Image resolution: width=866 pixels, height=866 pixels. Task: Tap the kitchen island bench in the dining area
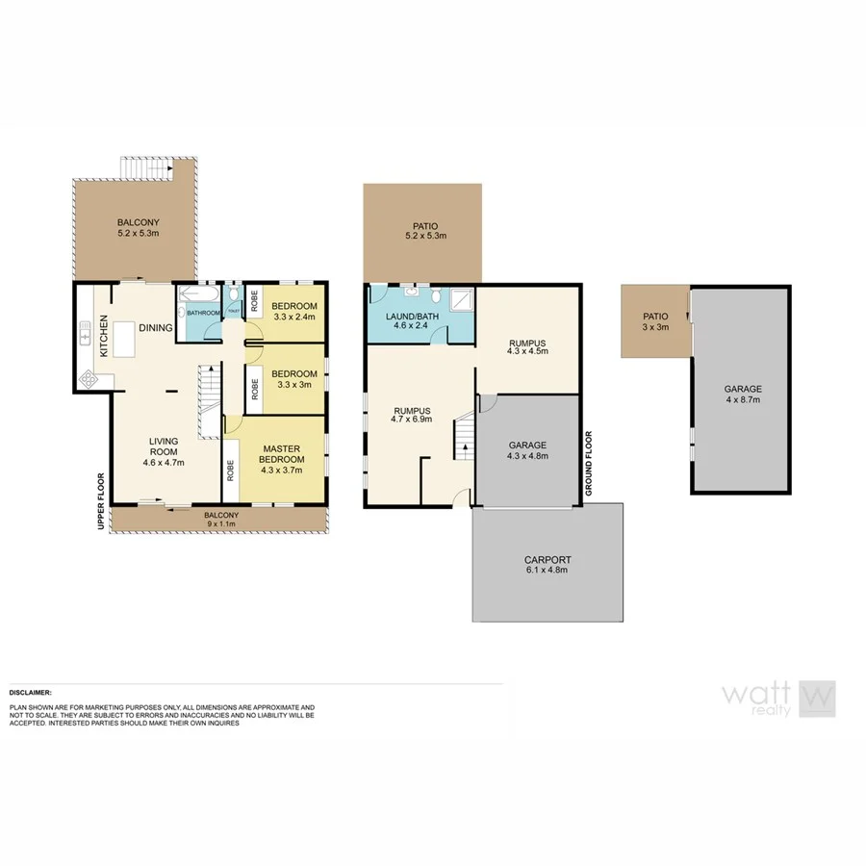(x=124, y=340)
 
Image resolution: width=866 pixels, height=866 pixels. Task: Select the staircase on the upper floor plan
(x=210, y=402)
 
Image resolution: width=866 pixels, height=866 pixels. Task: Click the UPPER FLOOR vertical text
(x=99, y=499)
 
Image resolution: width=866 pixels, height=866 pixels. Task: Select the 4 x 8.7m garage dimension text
(x=742, y=398)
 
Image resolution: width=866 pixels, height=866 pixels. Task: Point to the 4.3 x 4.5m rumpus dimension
(x=527, y=351)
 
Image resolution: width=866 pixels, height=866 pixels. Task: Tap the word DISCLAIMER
(x=30, y=692)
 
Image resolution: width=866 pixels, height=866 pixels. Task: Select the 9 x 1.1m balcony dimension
(x=220, y=524)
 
